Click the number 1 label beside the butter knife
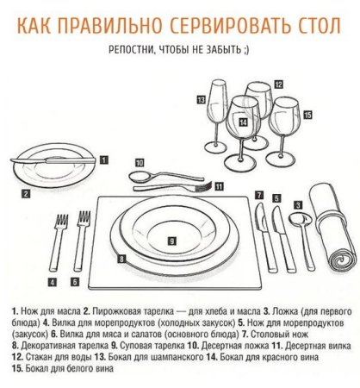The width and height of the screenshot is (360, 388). coord(104,160)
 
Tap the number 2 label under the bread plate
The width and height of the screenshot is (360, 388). coord(26,194)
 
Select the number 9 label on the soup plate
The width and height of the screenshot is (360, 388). coord(171,241)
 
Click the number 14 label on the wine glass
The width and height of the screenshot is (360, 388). coord(243,122)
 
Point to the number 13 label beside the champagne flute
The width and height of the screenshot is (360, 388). coord(202,100)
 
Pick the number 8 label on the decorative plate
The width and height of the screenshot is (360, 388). coord(121,259)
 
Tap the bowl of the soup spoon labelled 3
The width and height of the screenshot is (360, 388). coord(301,219)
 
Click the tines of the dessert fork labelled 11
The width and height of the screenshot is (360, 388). coord(204,186)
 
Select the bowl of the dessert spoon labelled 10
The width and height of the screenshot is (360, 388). coord(140,176)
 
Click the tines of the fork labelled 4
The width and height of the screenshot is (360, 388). coord(62,222)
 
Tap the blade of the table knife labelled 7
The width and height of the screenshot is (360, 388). coord(261,217)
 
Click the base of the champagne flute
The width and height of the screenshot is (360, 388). coord(215,147)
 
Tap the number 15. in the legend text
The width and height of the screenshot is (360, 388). coord(17,368)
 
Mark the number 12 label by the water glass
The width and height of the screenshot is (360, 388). coord(278,84)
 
